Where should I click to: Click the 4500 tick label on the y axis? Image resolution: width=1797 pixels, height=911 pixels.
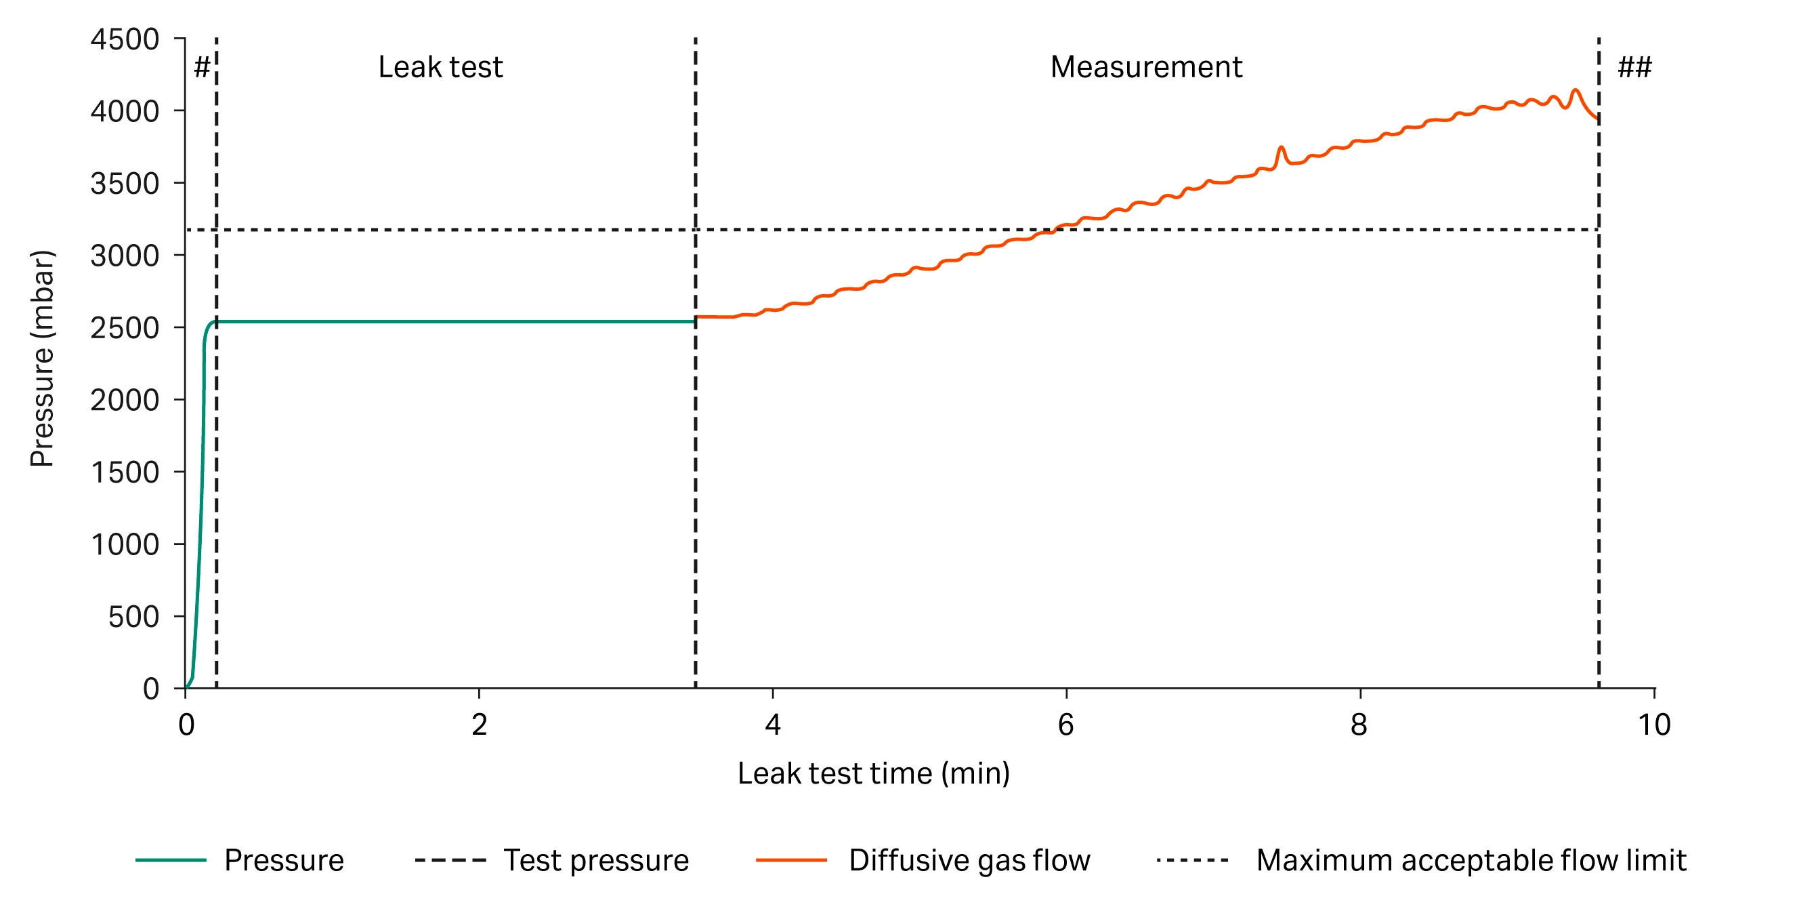(x=125, y=40)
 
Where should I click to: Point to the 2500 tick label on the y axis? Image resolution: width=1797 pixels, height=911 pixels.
(x=125, y=328)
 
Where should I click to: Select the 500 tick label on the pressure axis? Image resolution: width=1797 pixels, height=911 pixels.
(x=133, y=617)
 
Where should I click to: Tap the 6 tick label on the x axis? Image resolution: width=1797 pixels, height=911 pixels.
(x=1065, y=725)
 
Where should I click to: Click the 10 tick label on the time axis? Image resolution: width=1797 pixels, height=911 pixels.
(x=1653, y=725)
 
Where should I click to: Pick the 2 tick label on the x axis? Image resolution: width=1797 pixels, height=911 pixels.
(x=479, y=725)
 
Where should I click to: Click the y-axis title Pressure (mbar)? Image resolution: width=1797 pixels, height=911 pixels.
(x=42, y=358)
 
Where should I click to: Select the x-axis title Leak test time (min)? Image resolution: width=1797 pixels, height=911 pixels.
(x=873, y=773)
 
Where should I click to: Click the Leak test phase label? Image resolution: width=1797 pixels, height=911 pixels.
(x=440, y=67)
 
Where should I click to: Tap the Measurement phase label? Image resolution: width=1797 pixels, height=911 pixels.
(x=1146, y=67)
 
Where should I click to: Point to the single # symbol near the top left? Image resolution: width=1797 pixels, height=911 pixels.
(x=202, y=68)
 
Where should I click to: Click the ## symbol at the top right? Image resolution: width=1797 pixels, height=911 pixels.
(x=1634, y=68)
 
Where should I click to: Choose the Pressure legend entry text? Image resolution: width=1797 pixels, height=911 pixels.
(x=284, y=861)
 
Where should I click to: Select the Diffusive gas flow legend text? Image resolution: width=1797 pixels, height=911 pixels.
(x=969, y=861)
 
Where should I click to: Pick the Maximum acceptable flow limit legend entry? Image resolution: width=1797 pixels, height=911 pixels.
(x=1471, y=861)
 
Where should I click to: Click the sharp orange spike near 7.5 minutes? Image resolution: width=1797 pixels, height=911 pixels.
(x=1281, y=148)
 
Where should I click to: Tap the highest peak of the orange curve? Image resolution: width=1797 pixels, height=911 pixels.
(x=1575, y=91)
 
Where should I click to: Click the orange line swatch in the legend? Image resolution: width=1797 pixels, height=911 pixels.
(x=791, y=861)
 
